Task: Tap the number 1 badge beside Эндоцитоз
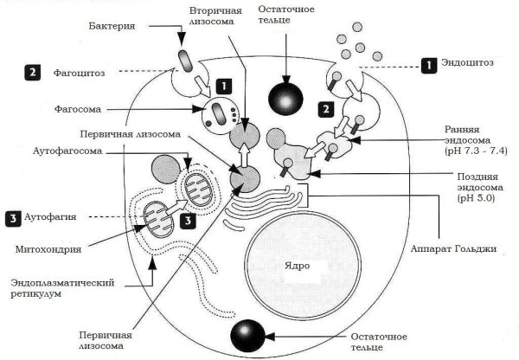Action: tap(427, 64)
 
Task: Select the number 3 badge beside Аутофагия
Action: tap(14, 216)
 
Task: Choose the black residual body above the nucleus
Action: tap(284, 95)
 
